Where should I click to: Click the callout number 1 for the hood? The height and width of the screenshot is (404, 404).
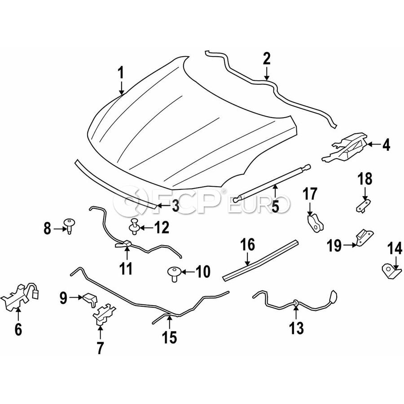click(120, 73)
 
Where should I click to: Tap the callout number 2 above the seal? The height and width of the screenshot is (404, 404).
click(267, 58)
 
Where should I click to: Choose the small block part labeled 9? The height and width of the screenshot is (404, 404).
click(88, 298)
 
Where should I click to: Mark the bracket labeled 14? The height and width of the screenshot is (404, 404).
click(389, 269)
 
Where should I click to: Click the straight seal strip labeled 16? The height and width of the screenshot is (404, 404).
click(260, 261)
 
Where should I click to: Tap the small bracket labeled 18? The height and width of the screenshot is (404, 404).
click(362, 205)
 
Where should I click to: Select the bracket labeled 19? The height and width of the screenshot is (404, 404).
click(362, 237)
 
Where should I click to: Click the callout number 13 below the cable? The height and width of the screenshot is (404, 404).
click(297, 328)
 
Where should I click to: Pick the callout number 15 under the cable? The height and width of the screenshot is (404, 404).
click(170, 336)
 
